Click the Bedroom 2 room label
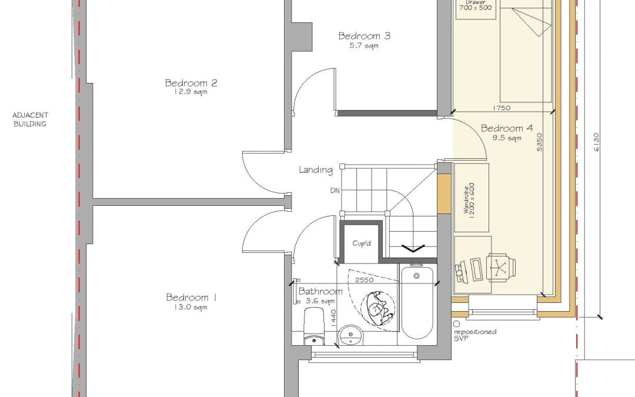point(191,83)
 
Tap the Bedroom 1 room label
point(191,298)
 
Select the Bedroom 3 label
point(365,36)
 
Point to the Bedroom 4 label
point(507,129)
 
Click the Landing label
point(316,170)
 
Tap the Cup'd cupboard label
point(361,243)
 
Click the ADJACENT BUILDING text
point(30,119)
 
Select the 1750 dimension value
point(502,108)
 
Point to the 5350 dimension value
point(539,142)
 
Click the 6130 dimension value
point(596,142)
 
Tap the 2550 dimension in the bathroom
point(364,280)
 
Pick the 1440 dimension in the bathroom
point(333,318)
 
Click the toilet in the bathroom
point(314,326)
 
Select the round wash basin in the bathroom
point(350,335)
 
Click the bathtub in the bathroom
point(417,301)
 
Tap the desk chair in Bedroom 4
point(500,267)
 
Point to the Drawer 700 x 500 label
point(476,5)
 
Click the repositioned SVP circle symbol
point(457,323)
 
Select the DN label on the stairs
point(335,191)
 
